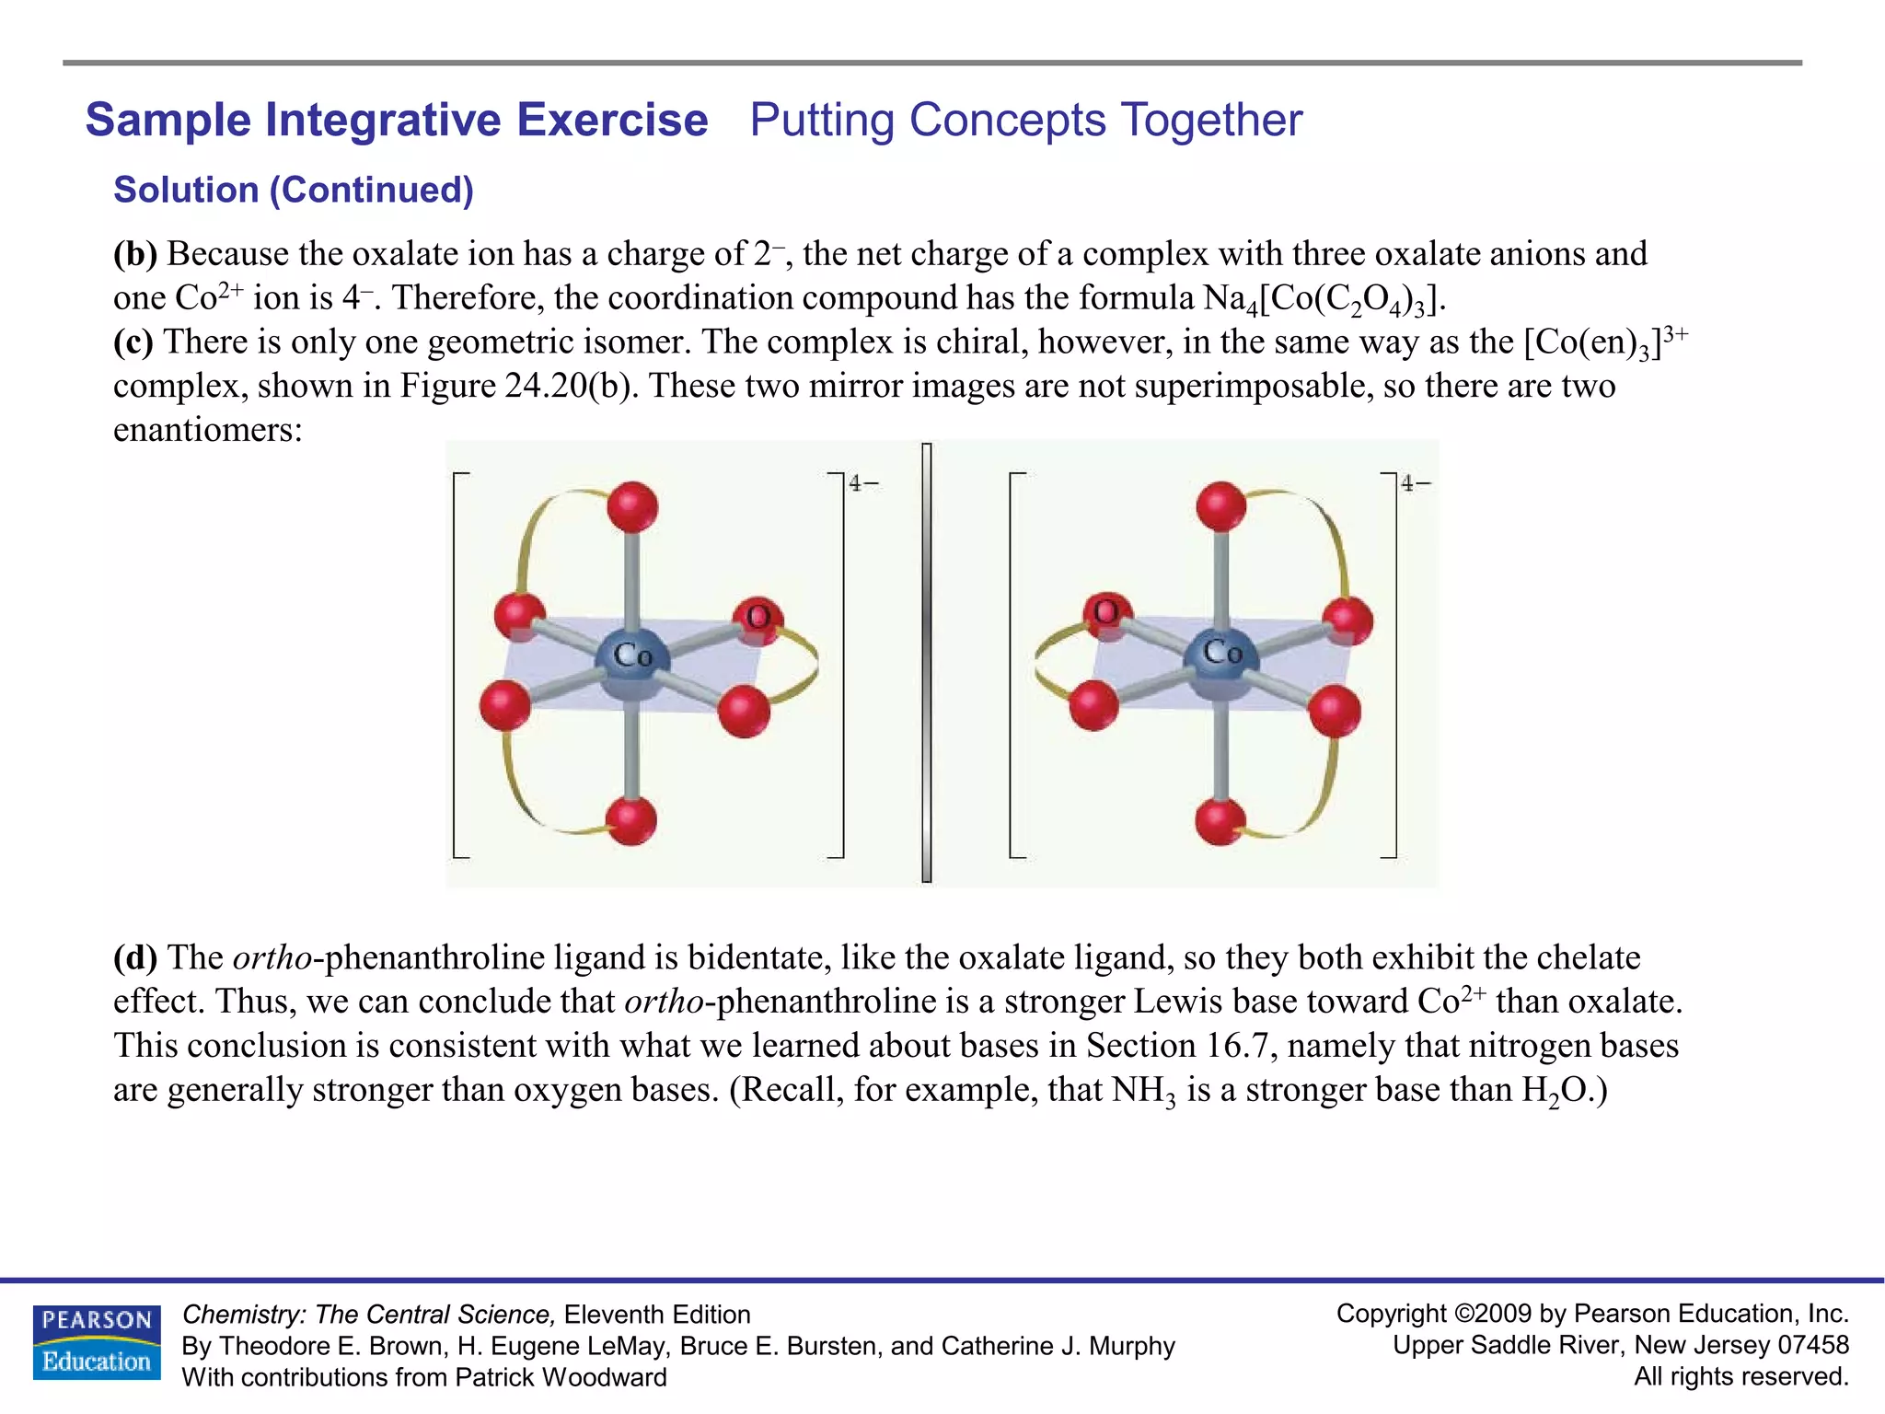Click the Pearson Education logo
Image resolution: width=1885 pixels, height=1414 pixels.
click(x=97, y=1342)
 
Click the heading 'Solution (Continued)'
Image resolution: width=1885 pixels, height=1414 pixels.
click(x=293, y=190)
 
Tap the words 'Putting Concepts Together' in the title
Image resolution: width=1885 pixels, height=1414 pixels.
click(x=1025, y=120)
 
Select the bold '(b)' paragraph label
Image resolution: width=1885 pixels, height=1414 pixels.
click(x=135, y=253)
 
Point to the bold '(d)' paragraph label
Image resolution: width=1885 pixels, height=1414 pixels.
click(x=135, y=957)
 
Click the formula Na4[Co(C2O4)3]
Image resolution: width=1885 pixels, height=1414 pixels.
click(x=1324, y=299)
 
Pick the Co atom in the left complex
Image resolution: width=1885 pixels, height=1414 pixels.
click(x=631, y=656)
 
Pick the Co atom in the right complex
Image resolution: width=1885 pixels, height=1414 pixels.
click(x=1220, y=654)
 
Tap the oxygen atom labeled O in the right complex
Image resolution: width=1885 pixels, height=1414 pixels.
click(x=1106, y=612)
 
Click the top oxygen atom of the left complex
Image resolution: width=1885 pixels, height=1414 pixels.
click(x=632, y=507)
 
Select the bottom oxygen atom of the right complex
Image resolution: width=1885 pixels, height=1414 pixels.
click(x=1220, y=820)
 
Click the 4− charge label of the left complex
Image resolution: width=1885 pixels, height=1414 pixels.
click(x=862, y=483)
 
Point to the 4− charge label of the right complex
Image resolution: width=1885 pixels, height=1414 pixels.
click(x=1415, y=483)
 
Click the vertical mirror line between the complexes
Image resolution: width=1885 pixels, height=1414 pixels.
click(x=927, y=663)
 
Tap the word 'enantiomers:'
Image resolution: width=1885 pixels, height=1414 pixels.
click(x=208, y=430)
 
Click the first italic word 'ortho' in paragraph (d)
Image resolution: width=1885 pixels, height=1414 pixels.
click(x=272, y=957)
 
